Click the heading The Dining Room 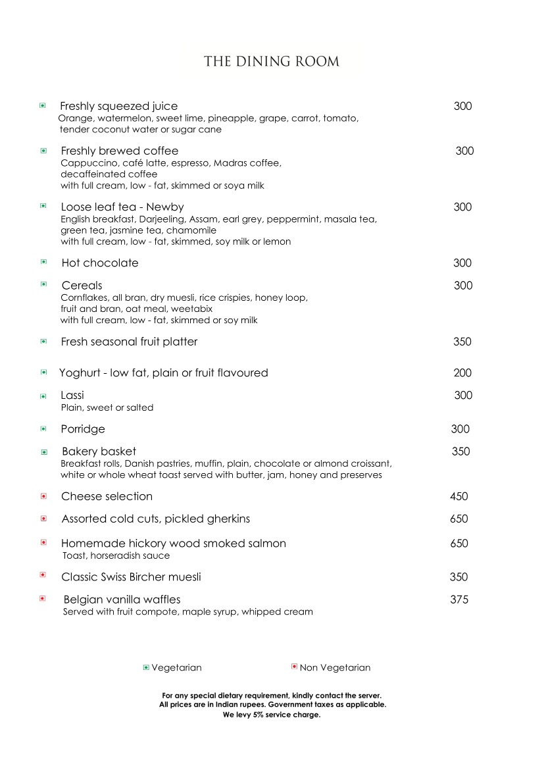click(272, 62)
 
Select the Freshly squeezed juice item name click(118, 106)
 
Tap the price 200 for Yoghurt click(462, 372)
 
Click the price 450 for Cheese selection click(459, 496)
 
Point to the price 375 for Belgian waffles click(459, 600)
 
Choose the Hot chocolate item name click(100, 263)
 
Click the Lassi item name click(72, 395)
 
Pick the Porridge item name click(83, 429)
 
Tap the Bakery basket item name click(99, 451)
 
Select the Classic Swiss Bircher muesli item click(131, 577)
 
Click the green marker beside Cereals click(44, 284)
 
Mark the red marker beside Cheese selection click(44, 496)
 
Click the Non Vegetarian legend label click(335, 668)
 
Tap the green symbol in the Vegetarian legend click(146, 668)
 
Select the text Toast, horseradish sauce click(116, 556)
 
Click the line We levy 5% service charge click(272, 715)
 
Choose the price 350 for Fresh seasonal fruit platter click(462, 342)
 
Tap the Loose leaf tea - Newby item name click(122, 207)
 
